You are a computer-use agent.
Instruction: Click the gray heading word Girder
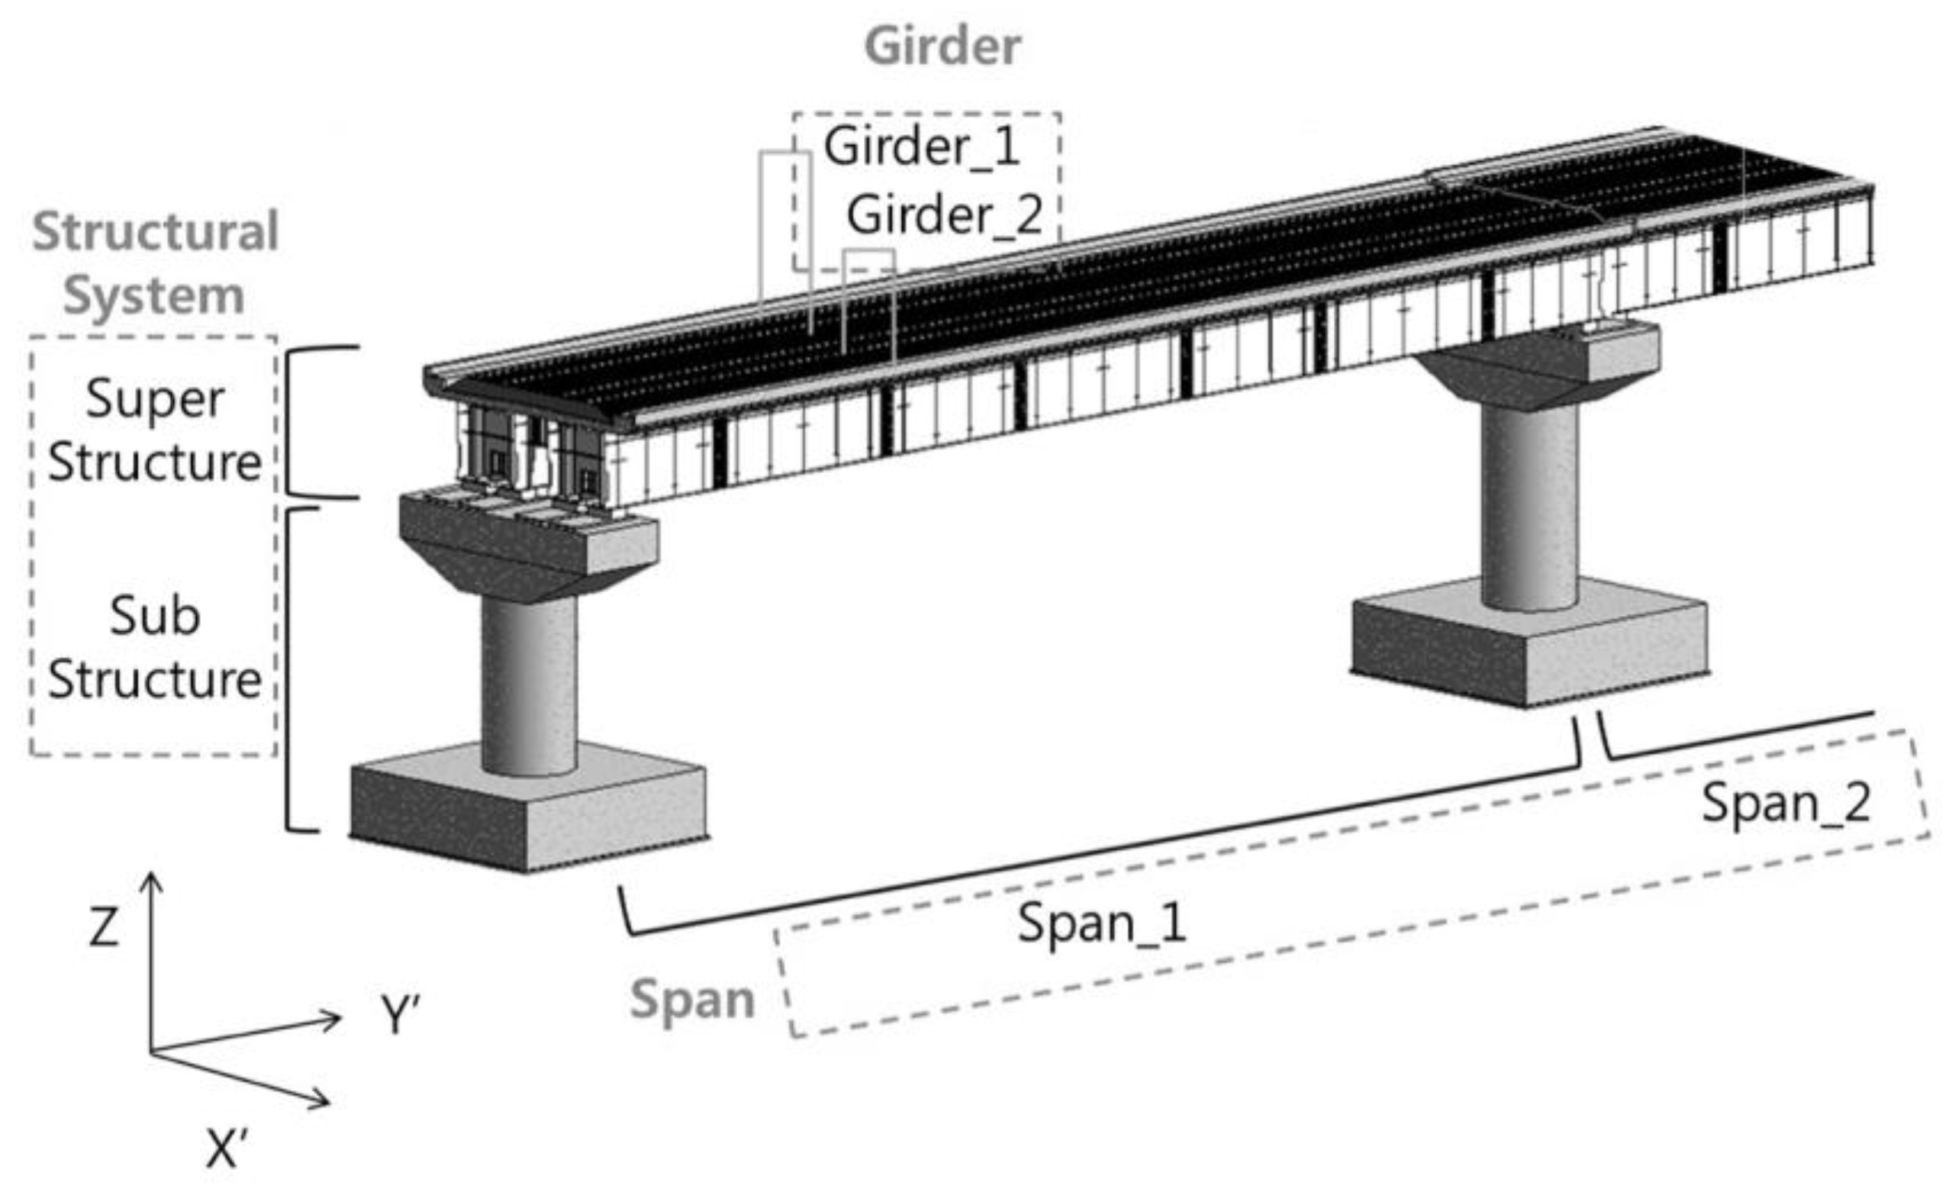[942, 46]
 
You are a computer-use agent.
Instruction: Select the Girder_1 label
[921, 147]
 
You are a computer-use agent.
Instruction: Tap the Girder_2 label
[944, 214]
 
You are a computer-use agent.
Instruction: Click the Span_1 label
[1101, 923]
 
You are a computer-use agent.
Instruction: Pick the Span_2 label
[1786, 802]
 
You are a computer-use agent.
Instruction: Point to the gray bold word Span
[691, 1000]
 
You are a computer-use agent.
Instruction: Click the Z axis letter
[104, 927]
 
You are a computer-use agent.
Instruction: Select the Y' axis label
[399, 1015]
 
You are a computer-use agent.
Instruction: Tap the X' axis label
[227, 1149]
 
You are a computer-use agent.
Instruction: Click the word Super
[154, 398]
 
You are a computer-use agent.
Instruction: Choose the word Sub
[154, 616]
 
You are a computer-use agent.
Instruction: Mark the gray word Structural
[155, 231]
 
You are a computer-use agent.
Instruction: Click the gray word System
[153, 295]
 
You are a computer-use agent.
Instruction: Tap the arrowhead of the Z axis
[150, 881]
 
